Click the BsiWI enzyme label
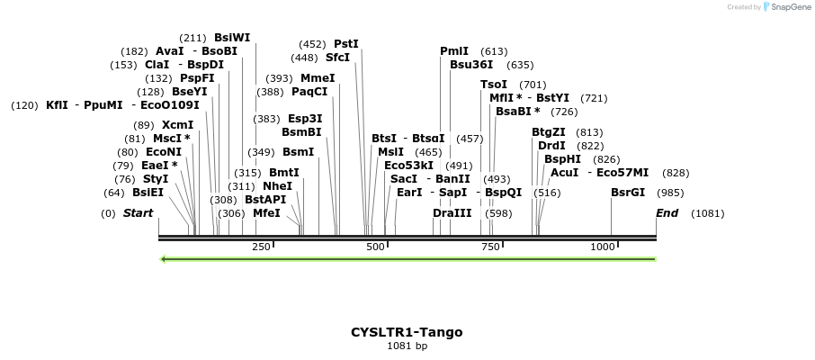pos(232,38)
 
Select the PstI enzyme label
pos(346,43)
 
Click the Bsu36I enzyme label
pos(471,65)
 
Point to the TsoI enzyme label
pos(494,85)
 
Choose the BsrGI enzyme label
pos(628,193)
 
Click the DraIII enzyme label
pos(452,213)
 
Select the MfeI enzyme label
pos(266,213)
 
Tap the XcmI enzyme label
pos(177,125)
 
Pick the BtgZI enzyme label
pos(549,132)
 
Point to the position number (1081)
pos(707,213)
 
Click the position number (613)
pos(494,51)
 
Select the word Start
pos(138,213)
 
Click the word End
pos(667,213)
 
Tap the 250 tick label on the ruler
pos(261,247)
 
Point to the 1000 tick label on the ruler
pos(602,247)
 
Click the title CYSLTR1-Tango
pos(407,332)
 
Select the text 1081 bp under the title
pos(407,346)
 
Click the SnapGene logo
pos(785,7)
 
